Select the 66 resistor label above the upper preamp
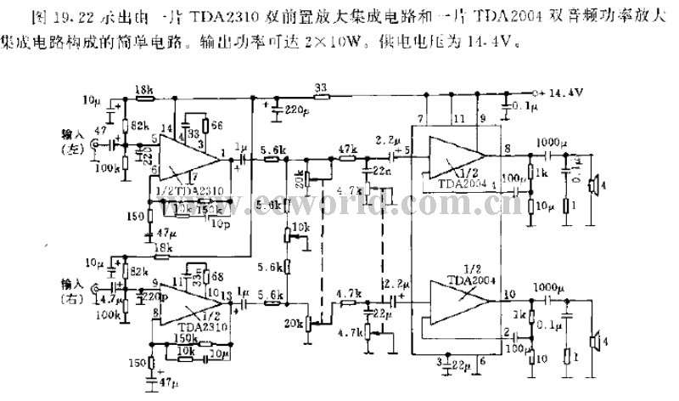(x=217, y=125)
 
